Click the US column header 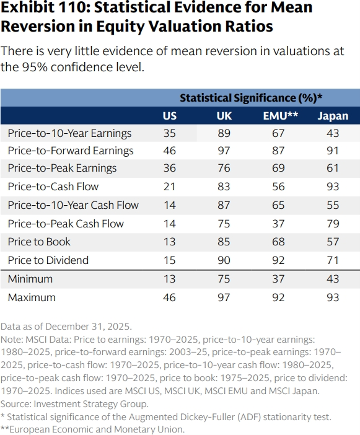(x=169, y=116)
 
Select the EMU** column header (x=281, y=116)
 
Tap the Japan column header (x=333, y=116)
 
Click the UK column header (x=224, y=116)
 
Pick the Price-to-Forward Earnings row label (x=71, y=151)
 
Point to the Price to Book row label (x=39, y=242)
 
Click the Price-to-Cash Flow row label (x=53, y=187)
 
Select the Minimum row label (x=30, y=279)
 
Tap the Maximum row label (x=32, y=297)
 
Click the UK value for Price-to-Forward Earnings (x=224, y=151)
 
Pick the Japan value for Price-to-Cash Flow (x=333, y=187)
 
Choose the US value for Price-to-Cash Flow (x=169, y=187)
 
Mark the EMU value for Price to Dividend (x=278, y=260)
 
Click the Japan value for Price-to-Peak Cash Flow (x=333, y=224)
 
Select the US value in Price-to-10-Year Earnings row (x=169, y=133)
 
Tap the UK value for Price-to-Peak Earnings (x=224, y=168)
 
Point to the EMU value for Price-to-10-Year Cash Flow (x=278, y=205)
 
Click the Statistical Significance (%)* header (x=251, y=98)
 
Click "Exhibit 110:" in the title (x=45, y=7)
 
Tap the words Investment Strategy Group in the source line (x=91, y=404)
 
